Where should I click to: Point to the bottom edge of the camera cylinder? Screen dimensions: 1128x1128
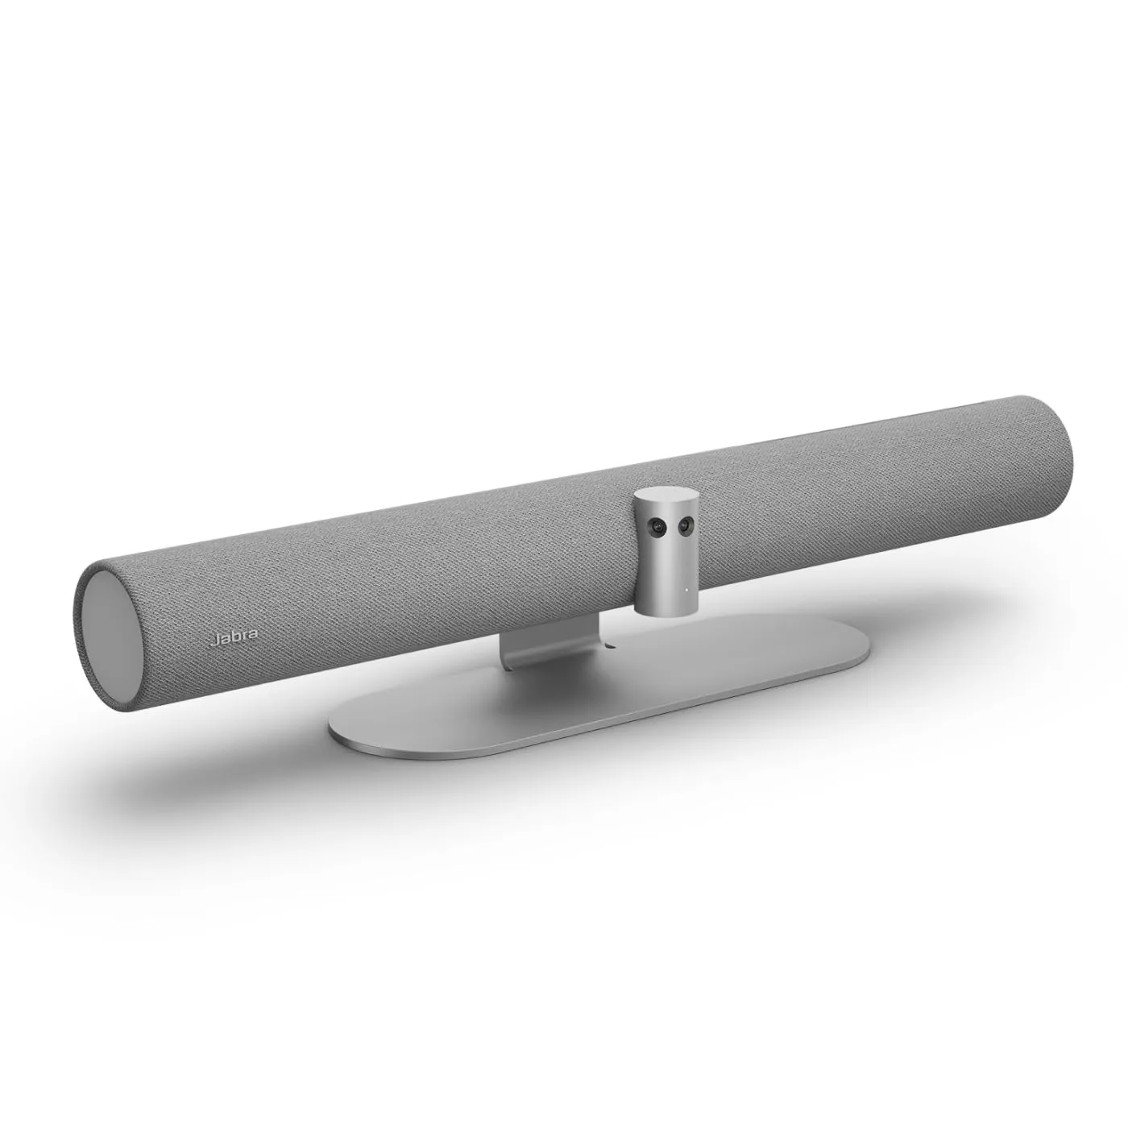(x=669, y=610)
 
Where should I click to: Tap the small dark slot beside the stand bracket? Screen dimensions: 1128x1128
(x=609, y=645)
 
